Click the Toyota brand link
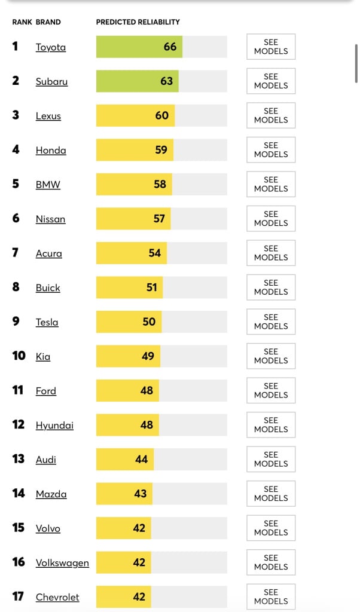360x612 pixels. coord(51,47)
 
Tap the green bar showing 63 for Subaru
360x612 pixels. coord(137,81)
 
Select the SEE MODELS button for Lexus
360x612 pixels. coord(271,115)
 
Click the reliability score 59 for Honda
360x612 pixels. coord(161,150)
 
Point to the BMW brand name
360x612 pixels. coord(48,185)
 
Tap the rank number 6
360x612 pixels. coord(16,219)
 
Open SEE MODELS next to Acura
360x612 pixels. coord(271,253)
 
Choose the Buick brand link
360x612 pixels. coord(48,287)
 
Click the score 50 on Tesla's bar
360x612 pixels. coord(149,322)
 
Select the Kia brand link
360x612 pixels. coord(43,356)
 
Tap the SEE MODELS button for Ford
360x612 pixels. coord(271,390)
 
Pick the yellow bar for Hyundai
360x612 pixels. coord(127,425)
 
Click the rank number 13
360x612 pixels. coord(19,459)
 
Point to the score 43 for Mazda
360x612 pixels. coord(141,494)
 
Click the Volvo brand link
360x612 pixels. coord(48,528)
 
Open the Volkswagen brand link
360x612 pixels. coord(62,562)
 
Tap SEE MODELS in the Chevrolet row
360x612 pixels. coord(271,596)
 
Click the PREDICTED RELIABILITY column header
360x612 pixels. coord(138,22)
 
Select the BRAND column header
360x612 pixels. coord(48,22)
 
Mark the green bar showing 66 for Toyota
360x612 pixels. coord(139,47)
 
